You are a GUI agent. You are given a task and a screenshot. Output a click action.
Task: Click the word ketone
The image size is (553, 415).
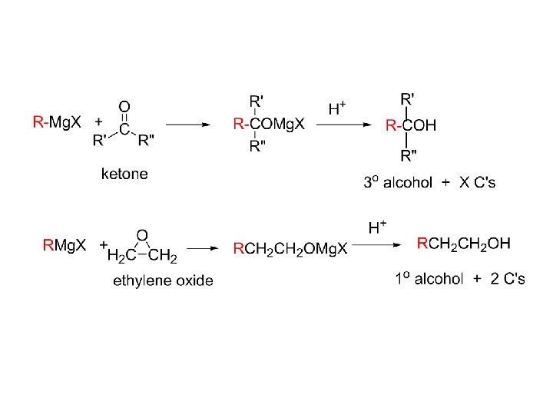coord(124,175)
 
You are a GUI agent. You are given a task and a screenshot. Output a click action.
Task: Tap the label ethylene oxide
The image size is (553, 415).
coord(163,281)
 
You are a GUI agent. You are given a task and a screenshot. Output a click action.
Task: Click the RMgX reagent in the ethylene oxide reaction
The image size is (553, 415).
coord(65,246)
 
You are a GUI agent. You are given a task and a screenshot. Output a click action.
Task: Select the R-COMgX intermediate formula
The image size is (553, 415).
coord(268,123)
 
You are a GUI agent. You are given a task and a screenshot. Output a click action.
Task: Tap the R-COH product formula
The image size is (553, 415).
coord(410,124)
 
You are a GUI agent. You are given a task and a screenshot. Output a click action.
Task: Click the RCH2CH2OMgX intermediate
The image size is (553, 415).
coord(290,248)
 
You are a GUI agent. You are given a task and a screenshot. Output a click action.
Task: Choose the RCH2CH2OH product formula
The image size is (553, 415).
coord(463,244)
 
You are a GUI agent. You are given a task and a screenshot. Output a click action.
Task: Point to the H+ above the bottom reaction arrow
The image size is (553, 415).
coord(377,227)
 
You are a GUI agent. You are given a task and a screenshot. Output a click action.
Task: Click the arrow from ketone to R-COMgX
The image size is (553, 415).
coord(188,123)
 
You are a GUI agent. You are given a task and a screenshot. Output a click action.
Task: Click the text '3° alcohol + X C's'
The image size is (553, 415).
coord(429,182)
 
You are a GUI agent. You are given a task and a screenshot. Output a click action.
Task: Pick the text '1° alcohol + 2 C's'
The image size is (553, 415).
coord(460,278)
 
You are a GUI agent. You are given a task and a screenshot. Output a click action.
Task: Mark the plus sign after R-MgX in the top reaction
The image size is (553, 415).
coord(98,121)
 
